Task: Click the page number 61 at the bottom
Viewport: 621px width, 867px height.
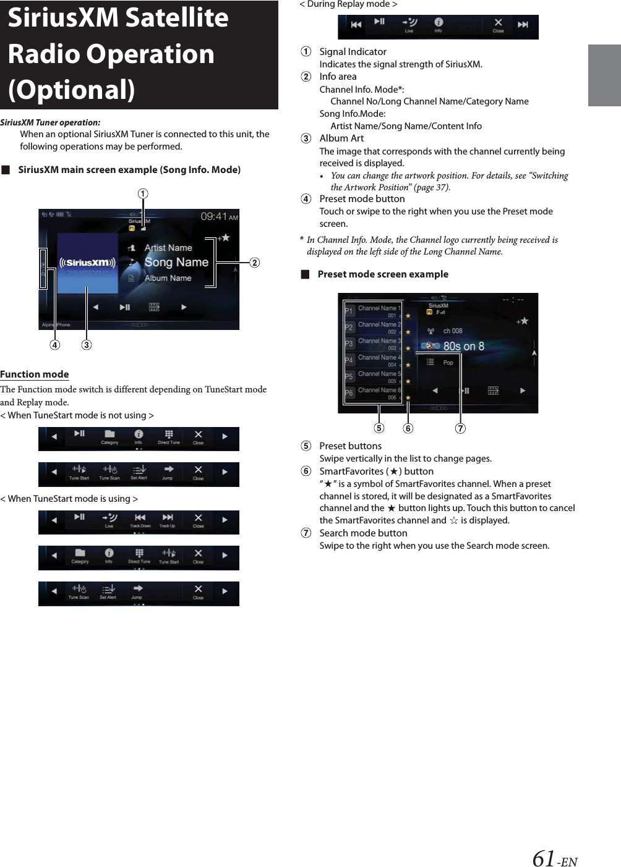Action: tap(544, 858)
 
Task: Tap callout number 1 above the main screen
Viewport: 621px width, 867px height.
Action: tap(143, 194)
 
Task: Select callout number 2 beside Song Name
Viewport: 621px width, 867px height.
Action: tap(254, 263)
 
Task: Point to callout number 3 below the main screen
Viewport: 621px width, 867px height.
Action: tap(87, 345)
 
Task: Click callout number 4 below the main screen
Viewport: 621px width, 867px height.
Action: tap(55, 345)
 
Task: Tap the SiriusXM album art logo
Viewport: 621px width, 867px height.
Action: tap(87, 263)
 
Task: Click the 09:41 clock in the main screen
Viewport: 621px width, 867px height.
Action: tap(215, 216)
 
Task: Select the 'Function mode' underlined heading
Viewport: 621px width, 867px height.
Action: tap(35, 374)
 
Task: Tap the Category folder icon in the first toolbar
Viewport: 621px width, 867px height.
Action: tap(109, 435)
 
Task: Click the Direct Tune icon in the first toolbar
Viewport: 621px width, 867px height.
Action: tap(168, 435)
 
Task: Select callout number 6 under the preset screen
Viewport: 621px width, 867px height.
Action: tap(408, 428)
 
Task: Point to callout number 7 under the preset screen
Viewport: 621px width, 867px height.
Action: tap(460, 428)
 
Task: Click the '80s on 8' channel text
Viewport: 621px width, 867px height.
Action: tap(463, 347)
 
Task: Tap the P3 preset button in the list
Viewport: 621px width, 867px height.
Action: tap(349, 344)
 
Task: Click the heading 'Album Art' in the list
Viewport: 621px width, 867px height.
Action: tap(341, 138)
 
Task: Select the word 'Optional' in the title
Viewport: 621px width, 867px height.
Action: tap(72, 90)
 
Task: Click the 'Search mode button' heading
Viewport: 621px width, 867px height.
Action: tap(363, 533)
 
